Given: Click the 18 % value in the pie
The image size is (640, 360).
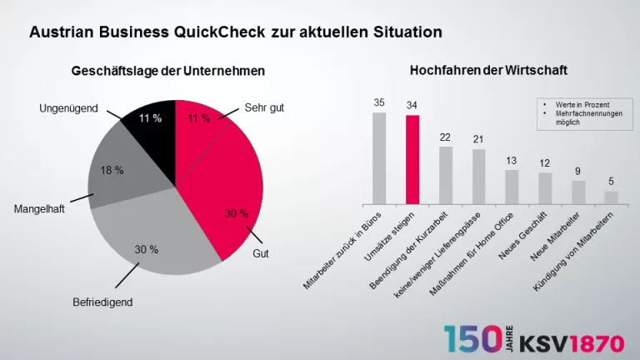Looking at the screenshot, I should (x=112, y=171).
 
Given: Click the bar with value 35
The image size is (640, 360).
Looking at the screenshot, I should (x=379, y=158).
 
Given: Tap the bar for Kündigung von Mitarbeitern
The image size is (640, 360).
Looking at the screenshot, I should (x=612, y=197).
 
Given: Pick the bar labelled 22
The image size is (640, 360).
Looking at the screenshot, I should (x=446, y=175).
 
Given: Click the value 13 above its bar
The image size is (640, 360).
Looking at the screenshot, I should (x=512, y=161).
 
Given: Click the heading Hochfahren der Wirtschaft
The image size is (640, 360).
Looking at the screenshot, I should (x=488, y=71).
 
